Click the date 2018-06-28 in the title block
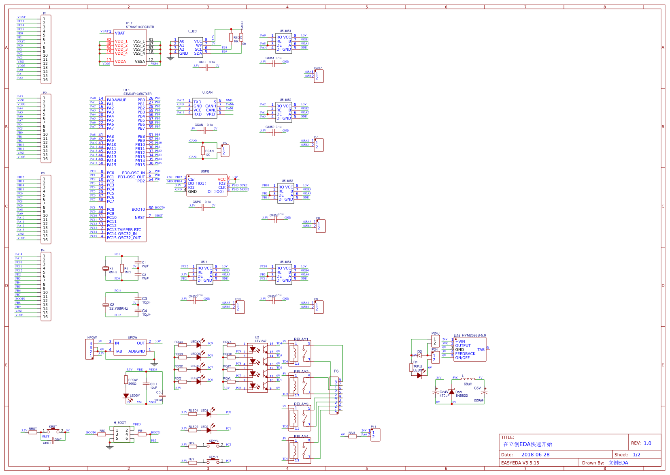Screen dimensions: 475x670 click(x=535, y=455)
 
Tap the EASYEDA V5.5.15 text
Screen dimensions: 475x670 click(x=520, y=463)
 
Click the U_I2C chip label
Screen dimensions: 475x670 click(x=192, y=31)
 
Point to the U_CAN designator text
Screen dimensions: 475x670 click(x=207, y=92)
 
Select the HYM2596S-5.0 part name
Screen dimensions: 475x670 click(x=474, y=336)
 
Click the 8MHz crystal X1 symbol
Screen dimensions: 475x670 click(x=106, y=268)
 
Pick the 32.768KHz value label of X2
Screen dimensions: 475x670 click(x=119, y=308)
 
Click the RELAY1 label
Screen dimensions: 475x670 click(x=301, y=339)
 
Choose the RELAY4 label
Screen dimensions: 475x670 click(x=301, y=436)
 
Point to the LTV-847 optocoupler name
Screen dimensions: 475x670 click(x=261, y=341)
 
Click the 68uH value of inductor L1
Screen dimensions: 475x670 click(x=468, y=384)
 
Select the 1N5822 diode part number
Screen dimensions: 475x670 click(x=462, y=396)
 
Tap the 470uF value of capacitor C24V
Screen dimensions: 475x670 click(x=445, y=396)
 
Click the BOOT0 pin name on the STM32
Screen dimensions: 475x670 click(x=138, y=210)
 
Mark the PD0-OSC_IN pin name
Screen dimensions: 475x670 click(x=133, y=173)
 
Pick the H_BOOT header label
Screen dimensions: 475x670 click(x=120, y=423)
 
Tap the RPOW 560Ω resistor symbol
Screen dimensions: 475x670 click(x=126, y=380)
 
